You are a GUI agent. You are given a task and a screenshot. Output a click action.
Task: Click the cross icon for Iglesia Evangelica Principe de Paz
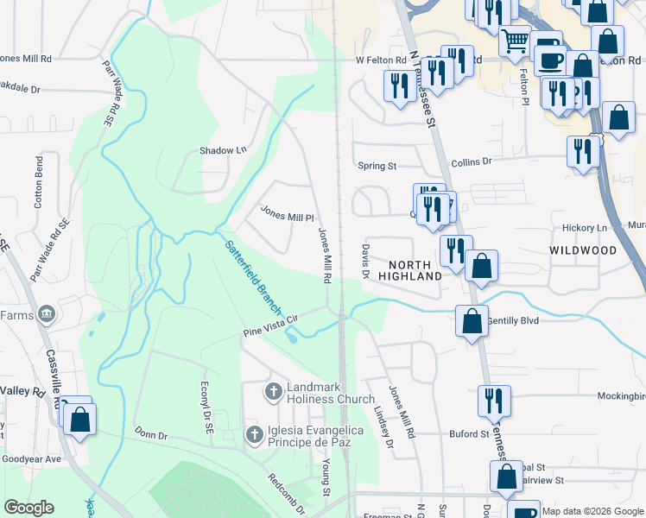pyautogui.click(x=254, y=433)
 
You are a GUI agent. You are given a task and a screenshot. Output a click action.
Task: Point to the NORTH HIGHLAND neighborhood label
pyautogui.click(x=415, y=269)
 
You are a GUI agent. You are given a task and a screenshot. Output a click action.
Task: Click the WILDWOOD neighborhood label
pyautogui.click(x=583, y=250)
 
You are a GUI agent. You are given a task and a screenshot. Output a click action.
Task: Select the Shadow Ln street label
pyautogui.click(x=223, y=150)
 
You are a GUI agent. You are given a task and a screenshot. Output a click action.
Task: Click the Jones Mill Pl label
pyautogui.click(x=287, y=212)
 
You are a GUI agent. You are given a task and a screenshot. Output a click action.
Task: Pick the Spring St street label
pyautogui.click(x=377, y=165)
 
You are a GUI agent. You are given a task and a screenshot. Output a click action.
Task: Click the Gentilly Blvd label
pyautogui.click(x=513, y=320)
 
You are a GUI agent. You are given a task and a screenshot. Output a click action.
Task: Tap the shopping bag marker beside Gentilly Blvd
pyautogui.click(x=472, y=321)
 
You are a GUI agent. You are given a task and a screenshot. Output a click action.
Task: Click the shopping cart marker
pyautogui.click(x=515, y=40)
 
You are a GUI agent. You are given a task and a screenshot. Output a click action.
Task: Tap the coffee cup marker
pyautogui.click(x=551, y=60)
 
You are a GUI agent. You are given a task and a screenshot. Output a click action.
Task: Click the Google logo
pyautogui.click(x=29, y=508)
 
